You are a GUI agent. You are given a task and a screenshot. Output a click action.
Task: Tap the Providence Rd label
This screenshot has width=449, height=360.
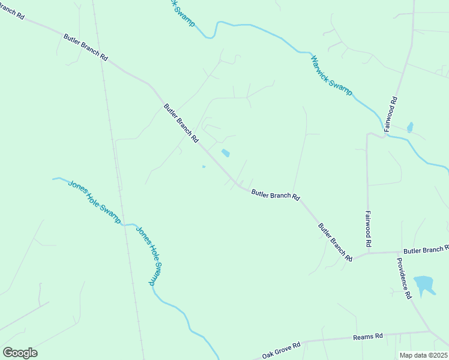[x=403, y=278]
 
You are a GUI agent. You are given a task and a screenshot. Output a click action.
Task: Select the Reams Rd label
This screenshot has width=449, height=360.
[x=368, y=337]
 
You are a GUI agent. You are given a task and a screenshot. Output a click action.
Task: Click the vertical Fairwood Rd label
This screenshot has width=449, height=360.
[x=369, y=229]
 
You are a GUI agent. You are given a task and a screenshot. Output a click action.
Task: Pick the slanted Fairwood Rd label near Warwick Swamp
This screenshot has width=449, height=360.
[x=391, y=113]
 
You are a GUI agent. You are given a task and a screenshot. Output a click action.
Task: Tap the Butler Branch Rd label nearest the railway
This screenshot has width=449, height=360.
[x=85, y=47]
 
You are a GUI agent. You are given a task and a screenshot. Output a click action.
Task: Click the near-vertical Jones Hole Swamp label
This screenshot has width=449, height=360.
[x=149, y=255]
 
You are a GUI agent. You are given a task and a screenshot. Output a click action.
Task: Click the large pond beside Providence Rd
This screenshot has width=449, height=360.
[x=424, y=284]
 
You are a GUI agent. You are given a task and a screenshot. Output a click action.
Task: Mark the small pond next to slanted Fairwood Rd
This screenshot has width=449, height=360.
[x=410, y=127]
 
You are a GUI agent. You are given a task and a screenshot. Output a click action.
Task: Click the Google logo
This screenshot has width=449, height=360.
[x=20, y=353]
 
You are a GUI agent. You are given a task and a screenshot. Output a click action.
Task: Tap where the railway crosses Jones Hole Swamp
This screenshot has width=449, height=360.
[x=125, y=224]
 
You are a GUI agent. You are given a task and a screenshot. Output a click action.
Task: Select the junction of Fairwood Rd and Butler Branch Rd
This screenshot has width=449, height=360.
[x=367, y=253]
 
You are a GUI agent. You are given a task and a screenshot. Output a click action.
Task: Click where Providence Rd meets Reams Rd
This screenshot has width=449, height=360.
[x=429, y=331]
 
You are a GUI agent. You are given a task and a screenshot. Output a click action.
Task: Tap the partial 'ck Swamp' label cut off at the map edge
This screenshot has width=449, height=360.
[x=182, y=11]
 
